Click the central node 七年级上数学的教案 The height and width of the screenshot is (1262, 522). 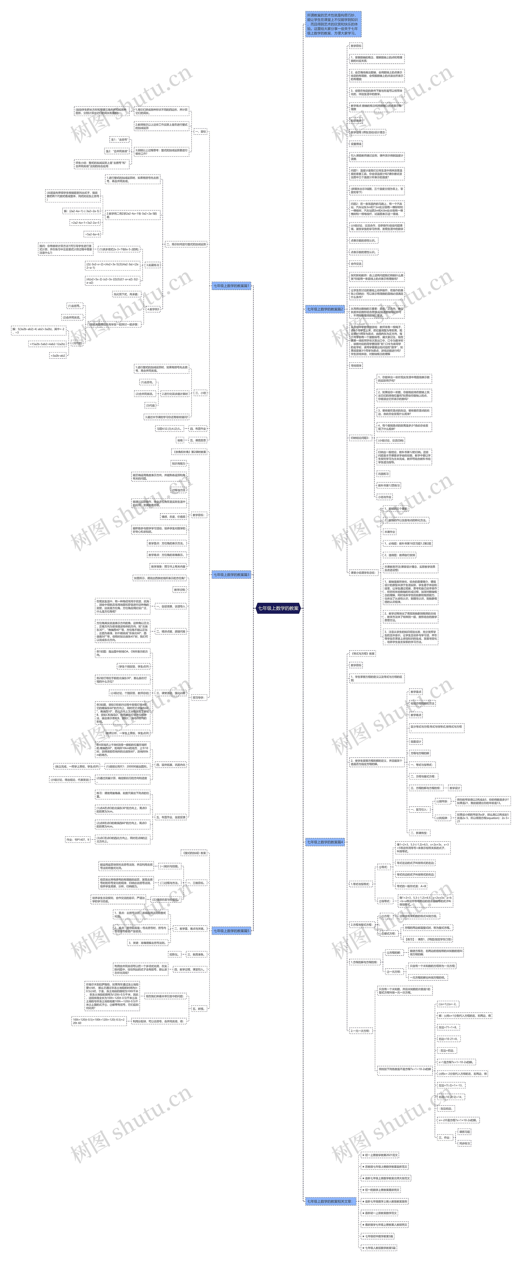tap(278, 608)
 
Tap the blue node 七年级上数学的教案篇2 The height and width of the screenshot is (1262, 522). tap(325, 309)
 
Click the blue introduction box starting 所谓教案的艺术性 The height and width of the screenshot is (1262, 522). tap(333, 24)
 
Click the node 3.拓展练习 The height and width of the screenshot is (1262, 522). tap(152, 265)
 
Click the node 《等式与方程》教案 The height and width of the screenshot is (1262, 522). tap(362, 654)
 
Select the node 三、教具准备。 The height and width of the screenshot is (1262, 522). tap(196, 954)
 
